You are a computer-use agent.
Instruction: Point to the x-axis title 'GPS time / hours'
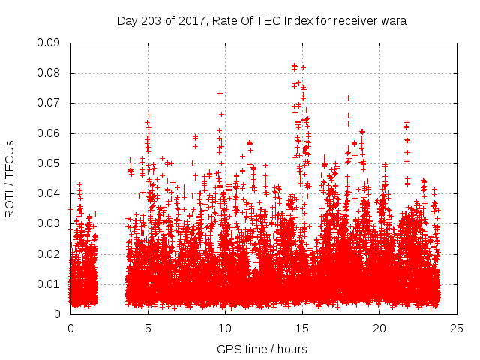tap(262, 349)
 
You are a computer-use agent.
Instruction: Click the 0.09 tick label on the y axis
tap(49, 43)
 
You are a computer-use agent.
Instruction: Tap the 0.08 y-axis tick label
tap(49, 73)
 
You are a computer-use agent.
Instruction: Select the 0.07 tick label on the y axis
tap(49, 103)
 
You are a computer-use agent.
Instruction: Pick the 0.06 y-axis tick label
tap(49, 133)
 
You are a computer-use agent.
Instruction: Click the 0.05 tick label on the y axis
tap(49, 163)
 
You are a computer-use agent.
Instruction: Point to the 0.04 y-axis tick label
tap(49, 193)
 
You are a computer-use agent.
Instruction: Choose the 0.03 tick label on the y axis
tap(49, 223)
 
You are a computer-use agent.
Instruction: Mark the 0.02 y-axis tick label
tap(49, 253)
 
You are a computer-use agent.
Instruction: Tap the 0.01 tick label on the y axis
tap(49, 283)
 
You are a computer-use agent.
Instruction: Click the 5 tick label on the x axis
tap(148, 328)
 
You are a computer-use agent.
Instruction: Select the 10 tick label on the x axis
tap(225, 328)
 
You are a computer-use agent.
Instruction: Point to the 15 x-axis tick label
tap(302, 328)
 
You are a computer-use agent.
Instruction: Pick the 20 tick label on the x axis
tap(379, 328)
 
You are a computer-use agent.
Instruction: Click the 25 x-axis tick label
tap(457, 328)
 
